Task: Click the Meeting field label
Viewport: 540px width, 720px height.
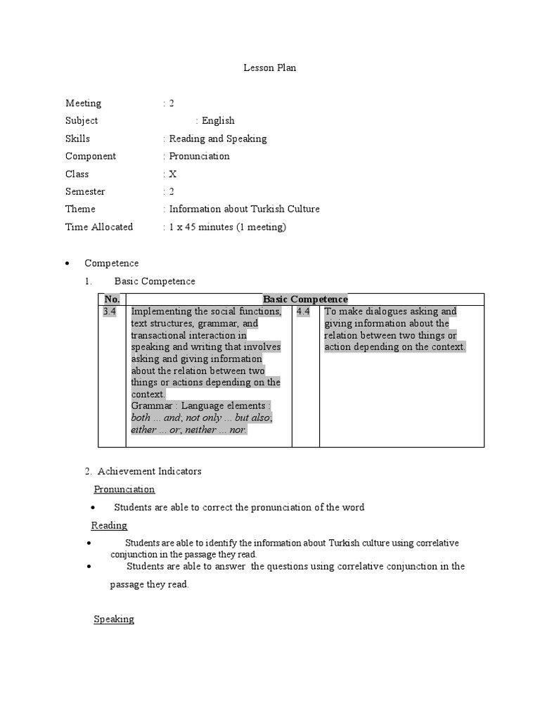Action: point(83,103)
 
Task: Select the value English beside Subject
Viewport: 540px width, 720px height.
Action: point(218,121)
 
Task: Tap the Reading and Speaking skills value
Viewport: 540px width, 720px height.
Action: point(217,139)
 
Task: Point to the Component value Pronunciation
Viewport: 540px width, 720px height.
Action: point(199,156)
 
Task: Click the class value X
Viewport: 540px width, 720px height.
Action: point(173,174)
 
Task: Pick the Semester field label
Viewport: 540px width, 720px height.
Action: point(85,191)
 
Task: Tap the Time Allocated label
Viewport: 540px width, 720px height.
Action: point(99,226)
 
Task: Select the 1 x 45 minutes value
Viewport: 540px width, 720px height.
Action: point(227,226)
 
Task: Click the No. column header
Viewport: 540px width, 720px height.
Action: point(112,300)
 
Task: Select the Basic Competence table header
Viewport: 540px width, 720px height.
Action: point(305,300)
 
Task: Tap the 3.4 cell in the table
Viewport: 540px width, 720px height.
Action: point(110,311)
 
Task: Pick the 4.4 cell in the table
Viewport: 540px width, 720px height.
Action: point(303,311)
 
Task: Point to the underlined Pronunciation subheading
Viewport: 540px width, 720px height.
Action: point(124,489)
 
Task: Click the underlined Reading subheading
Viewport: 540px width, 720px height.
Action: point(109,525)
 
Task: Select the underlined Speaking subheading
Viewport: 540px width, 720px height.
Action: point(114,619)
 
